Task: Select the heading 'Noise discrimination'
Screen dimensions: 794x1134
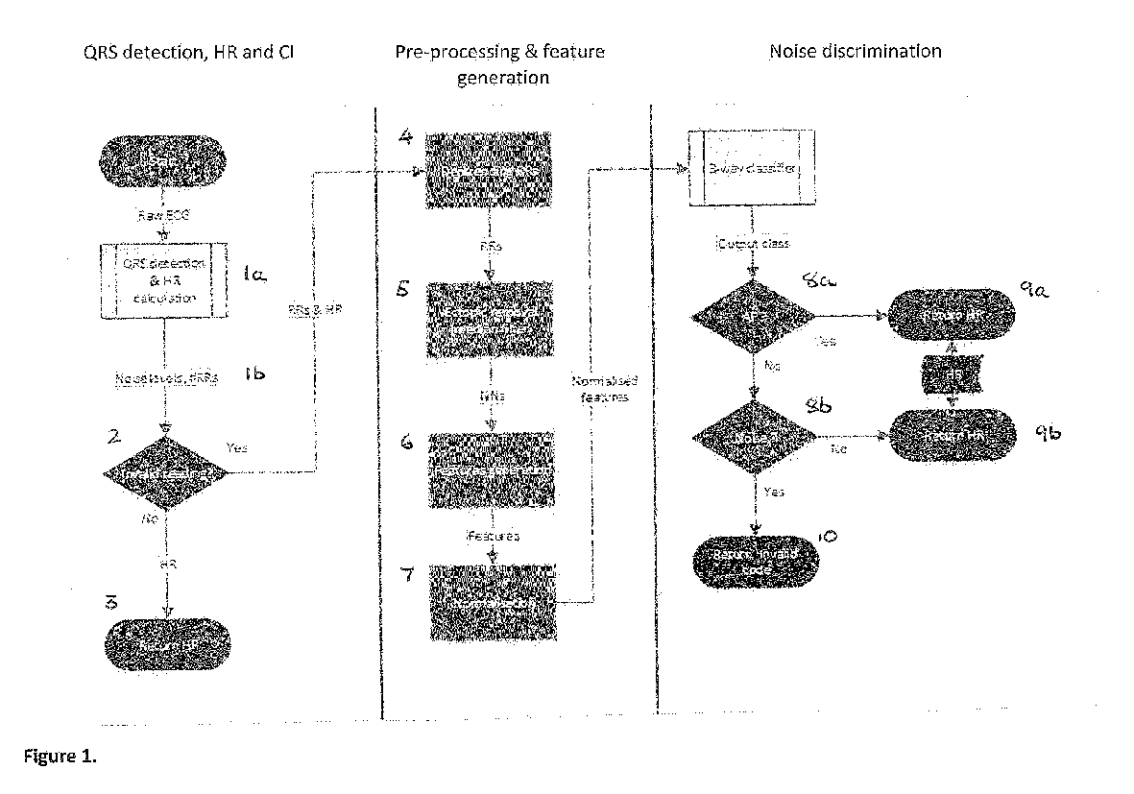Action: (x=855, y=51)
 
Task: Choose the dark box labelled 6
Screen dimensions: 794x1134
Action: (x=490, y=469)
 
